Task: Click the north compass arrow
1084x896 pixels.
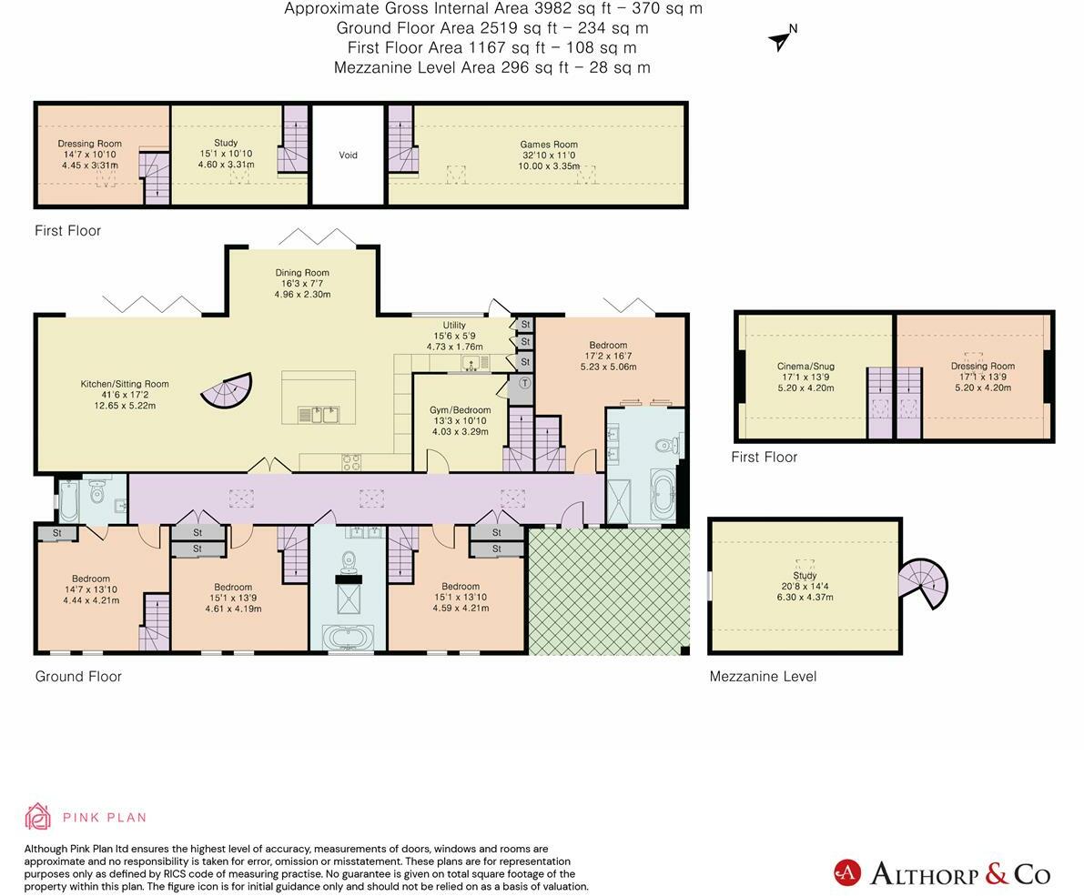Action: (781, 42)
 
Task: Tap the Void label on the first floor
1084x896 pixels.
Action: (348, 156)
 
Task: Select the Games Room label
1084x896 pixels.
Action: (549, 145)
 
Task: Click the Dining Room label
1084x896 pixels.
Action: (302, 273)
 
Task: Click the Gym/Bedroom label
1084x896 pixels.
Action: (461, 409)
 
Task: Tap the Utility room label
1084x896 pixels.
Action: (454, 325)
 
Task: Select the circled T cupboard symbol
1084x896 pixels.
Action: (525, 383)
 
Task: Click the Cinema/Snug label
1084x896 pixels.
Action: (806, 367)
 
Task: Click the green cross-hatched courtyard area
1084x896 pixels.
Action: (609, 590)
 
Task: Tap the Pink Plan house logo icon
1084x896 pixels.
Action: (37, 817)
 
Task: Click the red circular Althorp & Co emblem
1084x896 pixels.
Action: (846, 873)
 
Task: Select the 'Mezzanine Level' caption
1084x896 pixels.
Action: (764, 676)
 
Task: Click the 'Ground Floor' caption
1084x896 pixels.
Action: (78, 676)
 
